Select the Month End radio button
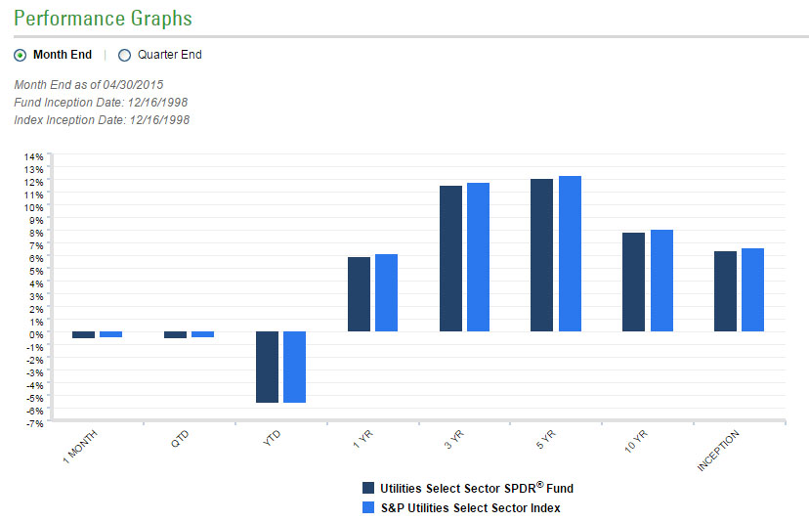(21, 55)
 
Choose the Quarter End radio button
(124, 55)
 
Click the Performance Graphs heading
(103, 19)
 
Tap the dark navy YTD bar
(268, 367)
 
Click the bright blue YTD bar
(294, 367)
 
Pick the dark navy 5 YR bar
(541, 255)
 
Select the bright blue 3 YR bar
(478, 257)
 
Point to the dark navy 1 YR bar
(359, 294)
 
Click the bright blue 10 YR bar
(661, 281)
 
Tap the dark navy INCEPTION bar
(725, 291)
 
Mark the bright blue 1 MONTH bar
(110, 334)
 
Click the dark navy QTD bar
(175, 334)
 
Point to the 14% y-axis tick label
(33, 156)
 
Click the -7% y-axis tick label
(33, 423)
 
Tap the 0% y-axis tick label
(35, 334)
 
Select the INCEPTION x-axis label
(718, 451)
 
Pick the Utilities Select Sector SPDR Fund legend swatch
(368, 488)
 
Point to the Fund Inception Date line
(102, 102)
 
